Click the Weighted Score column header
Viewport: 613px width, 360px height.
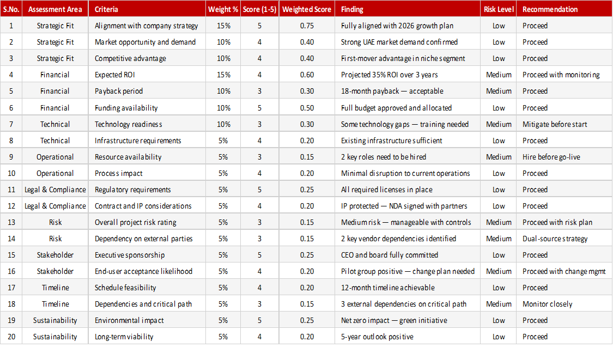(306, 9)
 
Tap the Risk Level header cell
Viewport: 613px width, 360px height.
(499, 9)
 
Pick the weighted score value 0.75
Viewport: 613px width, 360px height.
(307, 26)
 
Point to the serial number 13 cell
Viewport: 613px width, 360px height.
(11, 222)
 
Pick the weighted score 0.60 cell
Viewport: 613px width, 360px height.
(307, 75)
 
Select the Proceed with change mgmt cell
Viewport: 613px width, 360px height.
(564, 271)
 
